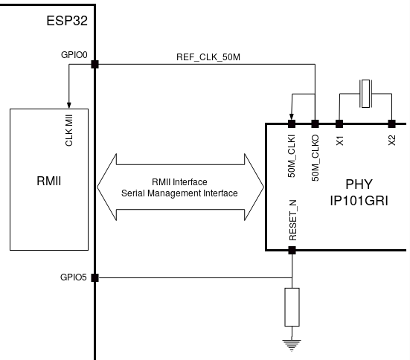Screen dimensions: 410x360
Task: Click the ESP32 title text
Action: (67, 21)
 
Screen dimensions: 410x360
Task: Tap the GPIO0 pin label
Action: (74, 55)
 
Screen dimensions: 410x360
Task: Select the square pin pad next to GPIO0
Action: (95, 64)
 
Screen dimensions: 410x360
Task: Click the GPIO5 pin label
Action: (73, 277)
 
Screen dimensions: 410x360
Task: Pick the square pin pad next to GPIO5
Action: (95, 278)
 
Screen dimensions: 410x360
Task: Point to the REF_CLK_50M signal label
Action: (208, 57)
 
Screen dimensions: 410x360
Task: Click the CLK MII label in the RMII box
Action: (69, 130)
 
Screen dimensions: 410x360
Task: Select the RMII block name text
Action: (49, 181)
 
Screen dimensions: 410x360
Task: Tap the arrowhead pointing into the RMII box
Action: (68, 105)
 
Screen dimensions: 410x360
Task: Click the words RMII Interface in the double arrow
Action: (179, 182)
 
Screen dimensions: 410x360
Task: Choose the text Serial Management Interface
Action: (179, 193)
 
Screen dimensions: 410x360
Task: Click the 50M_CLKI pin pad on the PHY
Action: (292, 124)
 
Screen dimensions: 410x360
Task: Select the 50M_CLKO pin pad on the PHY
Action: (315, 124)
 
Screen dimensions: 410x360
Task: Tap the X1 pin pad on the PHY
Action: (339, 124)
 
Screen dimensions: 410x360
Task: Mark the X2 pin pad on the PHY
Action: (391, 124)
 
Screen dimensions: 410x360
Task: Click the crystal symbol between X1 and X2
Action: (365, 94)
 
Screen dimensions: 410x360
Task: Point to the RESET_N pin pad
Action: (292, 250)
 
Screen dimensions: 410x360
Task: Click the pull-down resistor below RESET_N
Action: (292, 307)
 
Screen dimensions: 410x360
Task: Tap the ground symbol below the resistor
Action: (292, 345)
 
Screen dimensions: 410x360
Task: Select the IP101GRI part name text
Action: (359, 201)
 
